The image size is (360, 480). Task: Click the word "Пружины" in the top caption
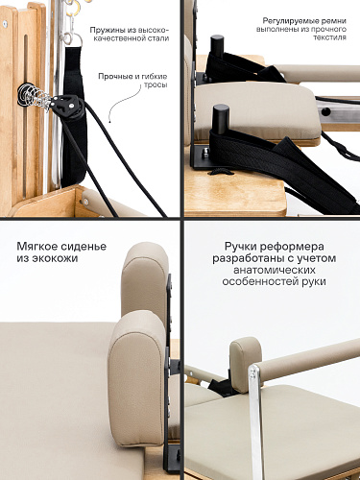point(105,31)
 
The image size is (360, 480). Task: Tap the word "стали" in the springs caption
point(158,39)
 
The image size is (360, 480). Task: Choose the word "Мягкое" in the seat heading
point(33,247)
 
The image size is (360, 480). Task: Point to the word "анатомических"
point(275,270)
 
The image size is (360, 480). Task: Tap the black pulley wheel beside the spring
point(66,105)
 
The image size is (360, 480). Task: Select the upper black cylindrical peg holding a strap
point(217,46)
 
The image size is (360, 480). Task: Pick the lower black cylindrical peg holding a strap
point(221,118)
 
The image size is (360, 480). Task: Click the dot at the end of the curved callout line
point(109,121)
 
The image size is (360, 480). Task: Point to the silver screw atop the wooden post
point(5,23)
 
